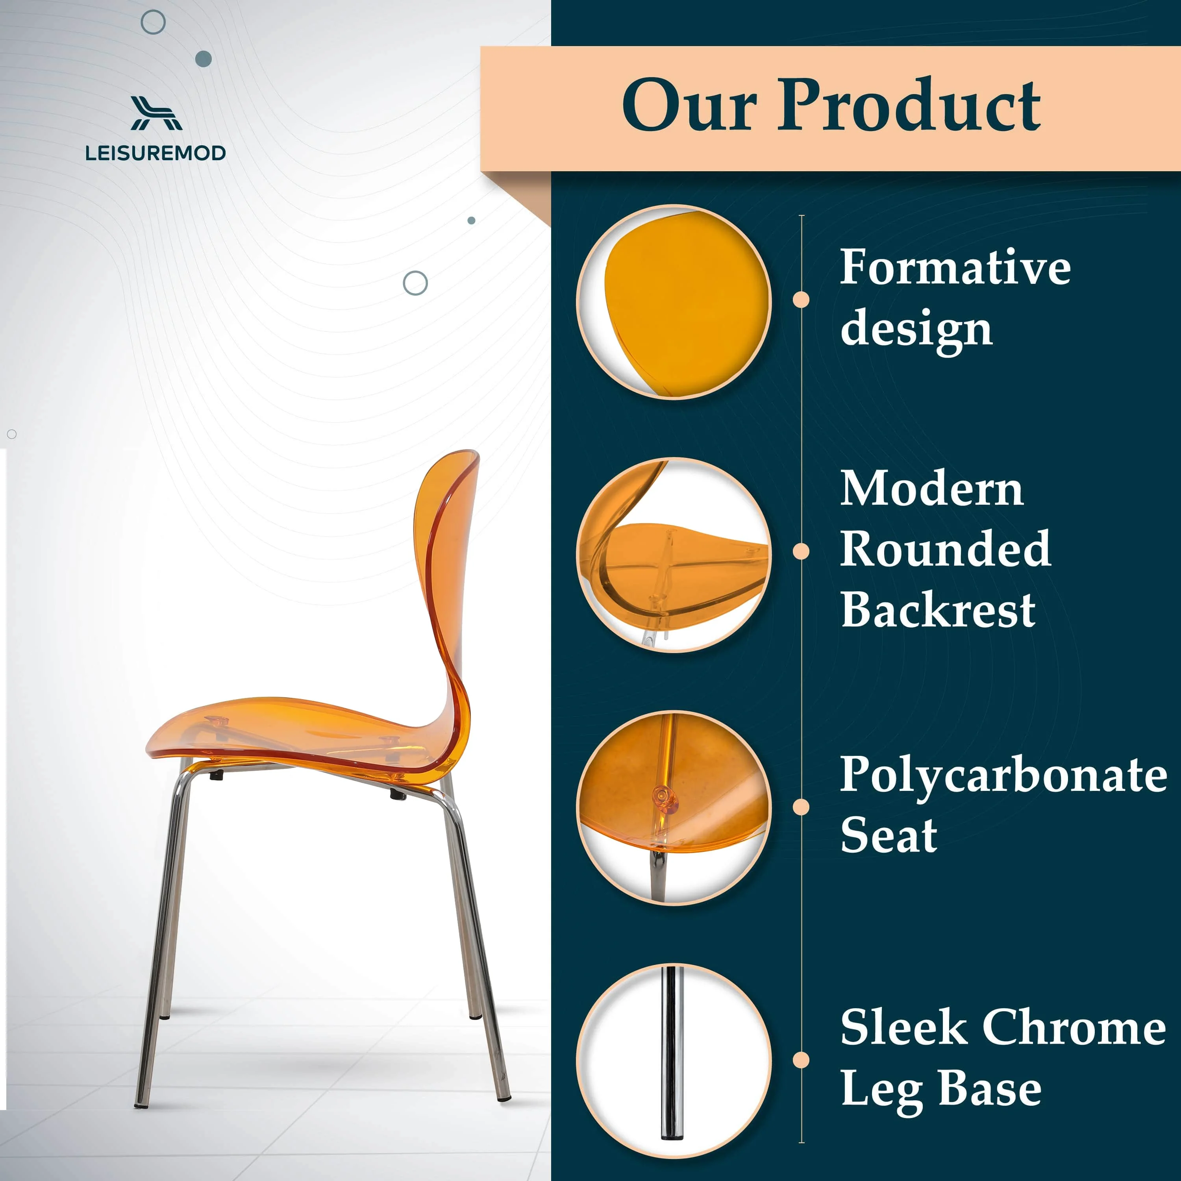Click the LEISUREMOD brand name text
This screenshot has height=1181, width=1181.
(155, 153)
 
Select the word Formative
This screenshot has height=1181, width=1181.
(954, 267)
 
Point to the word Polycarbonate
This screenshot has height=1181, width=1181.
(1003, 774)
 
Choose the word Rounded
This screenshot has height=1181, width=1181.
(945, 548)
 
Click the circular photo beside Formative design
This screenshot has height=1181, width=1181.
(674, 302)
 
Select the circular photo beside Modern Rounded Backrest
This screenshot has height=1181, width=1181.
(674, 554)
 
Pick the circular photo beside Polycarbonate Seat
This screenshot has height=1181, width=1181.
(674, 807)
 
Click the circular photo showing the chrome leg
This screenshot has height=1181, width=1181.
(674, 1061)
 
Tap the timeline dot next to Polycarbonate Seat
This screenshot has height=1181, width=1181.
(801, 807)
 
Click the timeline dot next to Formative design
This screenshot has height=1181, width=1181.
(801, 300)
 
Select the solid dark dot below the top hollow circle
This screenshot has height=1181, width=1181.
(204, 59)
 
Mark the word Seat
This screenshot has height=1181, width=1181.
(888, 835)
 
